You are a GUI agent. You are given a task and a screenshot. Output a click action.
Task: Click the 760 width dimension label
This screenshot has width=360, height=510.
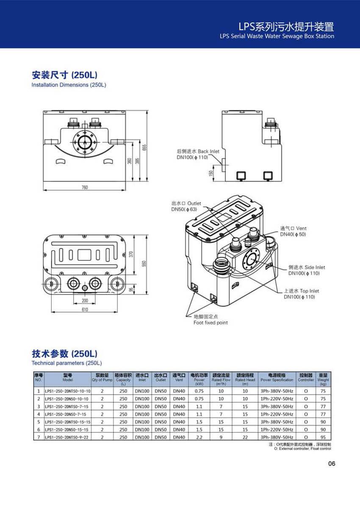coord(85,187)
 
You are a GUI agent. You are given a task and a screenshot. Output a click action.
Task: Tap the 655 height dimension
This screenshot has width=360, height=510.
coord(144,148)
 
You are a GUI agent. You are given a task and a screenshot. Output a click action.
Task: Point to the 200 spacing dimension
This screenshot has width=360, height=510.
coord(85,300)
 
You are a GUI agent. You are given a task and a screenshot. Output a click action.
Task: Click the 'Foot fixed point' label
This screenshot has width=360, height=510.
coord(210,323)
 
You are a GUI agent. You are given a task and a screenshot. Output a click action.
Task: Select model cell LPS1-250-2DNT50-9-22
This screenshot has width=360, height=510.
coord(67,437)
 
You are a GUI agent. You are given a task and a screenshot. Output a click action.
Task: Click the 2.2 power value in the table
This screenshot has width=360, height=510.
coord(199,437)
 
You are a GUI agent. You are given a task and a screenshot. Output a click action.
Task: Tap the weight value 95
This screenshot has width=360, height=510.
coord(323,437)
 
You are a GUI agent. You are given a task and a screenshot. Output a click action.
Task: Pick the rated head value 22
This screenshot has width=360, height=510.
coord(245,437)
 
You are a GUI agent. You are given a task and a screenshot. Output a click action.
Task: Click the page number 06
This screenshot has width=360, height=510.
coord(332,463)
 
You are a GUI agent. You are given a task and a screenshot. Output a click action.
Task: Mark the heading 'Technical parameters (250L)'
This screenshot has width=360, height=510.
coord(67,363)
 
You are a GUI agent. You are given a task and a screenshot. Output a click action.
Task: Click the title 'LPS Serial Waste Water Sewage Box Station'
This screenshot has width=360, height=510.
coord(277,36)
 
